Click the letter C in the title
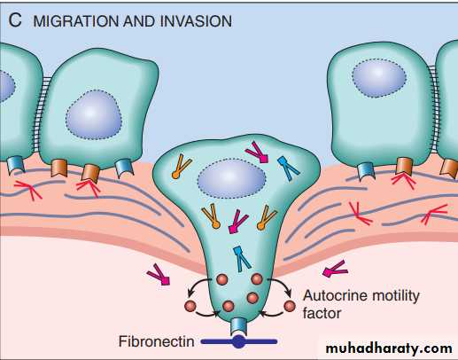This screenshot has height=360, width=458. (15, 20)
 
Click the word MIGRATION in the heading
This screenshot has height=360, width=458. (76, 21)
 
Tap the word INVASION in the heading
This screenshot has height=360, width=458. (197, 21)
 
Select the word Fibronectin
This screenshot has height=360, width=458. (156, 341)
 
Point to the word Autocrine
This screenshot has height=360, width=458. (335, 295)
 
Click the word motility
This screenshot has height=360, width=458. (394, 296)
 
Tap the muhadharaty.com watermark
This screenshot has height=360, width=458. (389, 348)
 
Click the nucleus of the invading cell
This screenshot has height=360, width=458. (232, 178)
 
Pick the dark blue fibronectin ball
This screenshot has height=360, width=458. (238, 342)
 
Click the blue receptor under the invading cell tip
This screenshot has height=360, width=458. (238, 325)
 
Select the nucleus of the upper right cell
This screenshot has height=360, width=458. (379, 78)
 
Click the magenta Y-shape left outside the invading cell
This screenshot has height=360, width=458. (159, 275)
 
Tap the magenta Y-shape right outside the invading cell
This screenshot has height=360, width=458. (334, 269)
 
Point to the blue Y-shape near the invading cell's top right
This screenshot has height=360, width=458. (289, 168)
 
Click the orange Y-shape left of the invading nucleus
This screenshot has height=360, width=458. (182, 167)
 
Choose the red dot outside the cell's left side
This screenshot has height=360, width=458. (190, 306)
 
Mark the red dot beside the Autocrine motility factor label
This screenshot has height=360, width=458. (290, 306)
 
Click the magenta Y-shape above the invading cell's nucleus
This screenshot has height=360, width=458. (257, 152)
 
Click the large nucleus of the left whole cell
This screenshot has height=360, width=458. (94, 114)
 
